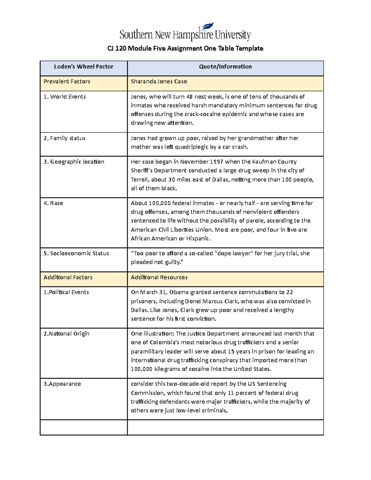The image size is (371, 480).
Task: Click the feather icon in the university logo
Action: pos(208,27)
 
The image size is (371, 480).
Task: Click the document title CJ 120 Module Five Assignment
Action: pos(185,49)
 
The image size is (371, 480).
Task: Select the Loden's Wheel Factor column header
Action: pos(83,67)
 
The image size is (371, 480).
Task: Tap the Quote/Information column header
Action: pos(225,67)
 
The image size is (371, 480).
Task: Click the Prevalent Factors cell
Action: pos(67,82)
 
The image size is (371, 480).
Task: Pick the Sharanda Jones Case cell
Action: pos(159,82)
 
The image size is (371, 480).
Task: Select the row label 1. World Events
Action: pos(65,97)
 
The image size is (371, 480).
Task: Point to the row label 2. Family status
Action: pos(64,138)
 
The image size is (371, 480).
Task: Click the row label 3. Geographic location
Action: pos(74,162)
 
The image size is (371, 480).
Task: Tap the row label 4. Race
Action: pos(53,203)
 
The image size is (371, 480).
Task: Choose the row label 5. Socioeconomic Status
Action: pos(76,253)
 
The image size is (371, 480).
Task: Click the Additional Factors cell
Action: pos(68,278)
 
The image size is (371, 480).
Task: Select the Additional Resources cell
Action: pos(159,278)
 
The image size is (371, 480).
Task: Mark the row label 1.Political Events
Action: pos(66,292)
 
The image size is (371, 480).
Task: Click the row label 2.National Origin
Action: pos(66,334)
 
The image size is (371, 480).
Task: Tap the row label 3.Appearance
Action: pos(62,384)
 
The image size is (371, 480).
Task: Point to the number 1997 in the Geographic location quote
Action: pos(217,162)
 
